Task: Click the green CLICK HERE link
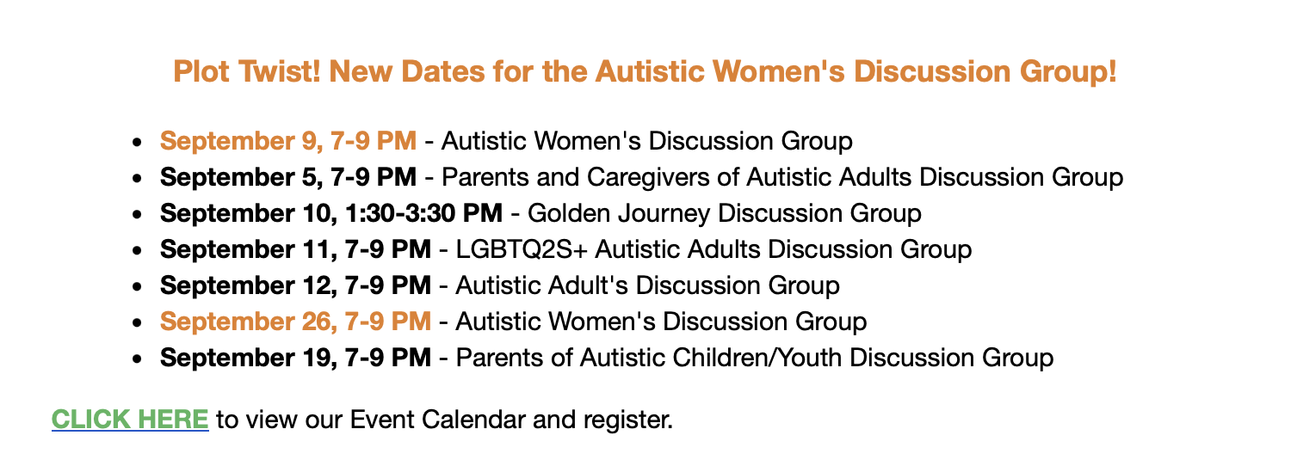130,420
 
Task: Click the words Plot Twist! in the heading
247,72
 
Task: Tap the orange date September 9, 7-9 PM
288,142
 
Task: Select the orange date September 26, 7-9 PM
296,322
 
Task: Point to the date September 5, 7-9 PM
288,177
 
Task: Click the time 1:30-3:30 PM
424,213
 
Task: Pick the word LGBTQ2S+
522,249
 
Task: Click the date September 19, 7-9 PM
296,358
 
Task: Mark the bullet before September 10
137,215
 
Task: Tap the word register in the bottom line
628,420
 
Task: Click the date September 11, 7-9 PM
296,249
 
